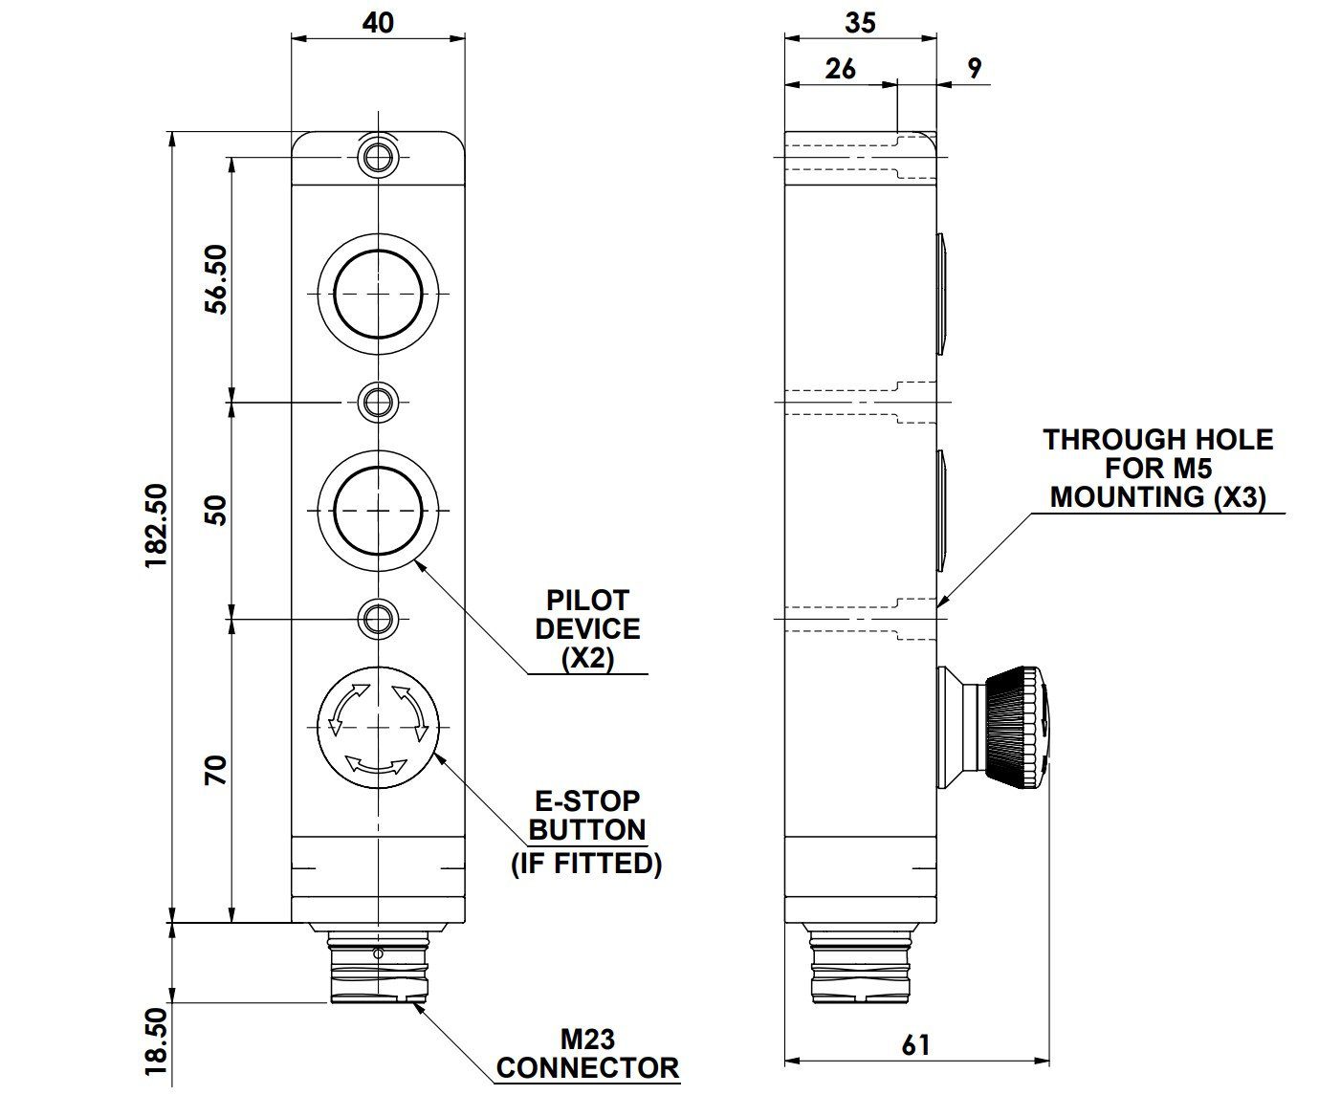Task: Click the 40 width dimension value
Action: pyautogui.click(x=378, y=23)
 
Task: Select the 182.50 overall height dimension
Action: pyautogui.click(x=156, y=526)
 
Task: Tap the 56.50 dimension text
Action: pyautogui.click(x=216, y=279)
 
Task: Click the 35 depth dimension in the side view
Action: pyautogui.click(x=860, y=23)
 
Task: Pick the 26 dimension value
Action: pyautogui.click(x=840, y=69)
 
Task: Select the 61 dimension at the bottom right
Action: pyautogui.click(x=915, y=1045)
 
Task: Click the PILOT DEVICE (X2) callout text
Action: pyautogui.click(x=587, y=629)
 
